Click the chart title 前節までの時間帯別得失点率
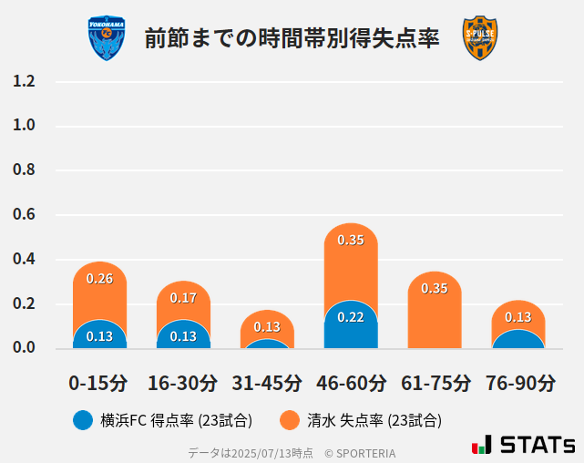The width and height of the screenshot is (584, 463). click(292, 38)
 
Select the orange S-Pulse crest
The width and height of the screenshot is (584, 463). click(480, 38)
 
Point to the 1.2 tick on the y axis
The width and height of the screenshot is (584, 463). click(24, 81)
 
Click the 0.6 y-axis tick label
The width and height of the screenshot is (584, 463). click(24, 214)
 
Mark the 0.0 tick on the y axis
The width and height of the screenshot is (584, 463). click(24, 347)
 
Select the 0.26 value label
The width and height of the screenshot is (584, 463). click(99, 278)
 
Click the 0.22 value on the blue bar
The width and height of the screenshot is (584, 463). click(351, 317)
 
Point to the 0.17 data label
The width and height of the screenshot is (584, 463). click(183, 298)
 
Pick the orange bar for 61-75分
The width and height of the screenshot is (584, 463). click(435, 310)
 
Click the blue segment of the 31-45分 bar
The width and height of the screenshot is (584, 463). click(267, 345)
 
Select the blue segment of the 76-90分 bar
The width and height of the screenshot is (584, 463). click(518, 339)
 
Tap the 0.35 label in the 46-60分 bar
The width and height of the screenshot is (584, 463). click(351, 241)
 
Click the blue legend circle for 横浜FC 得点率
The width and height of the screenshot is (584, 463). click(83, 420)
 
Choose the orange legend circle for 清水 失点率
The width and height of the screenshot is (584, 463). click(290, 420)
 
